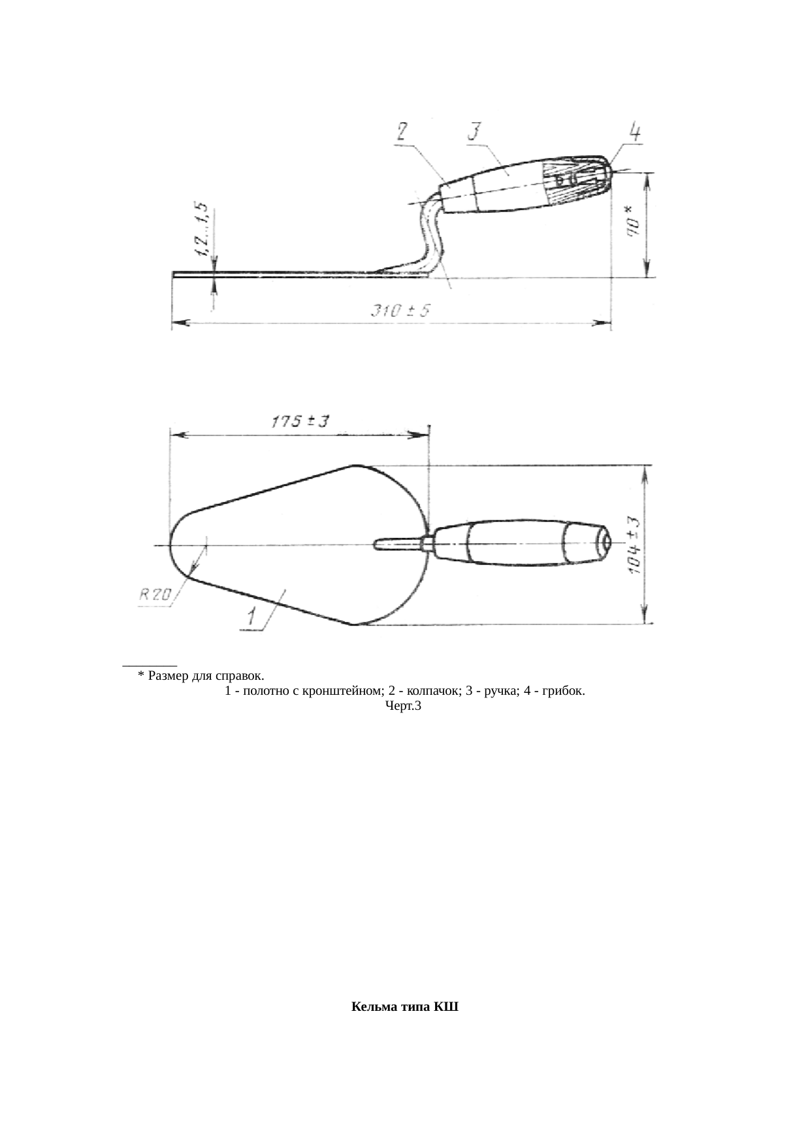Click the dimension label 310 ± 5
[x=401, y=311]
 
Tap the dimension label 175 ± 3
[x=300, y=422]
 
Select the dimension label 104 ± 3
[x=634, y=547]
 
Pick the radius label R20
[x=155, y=594]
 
